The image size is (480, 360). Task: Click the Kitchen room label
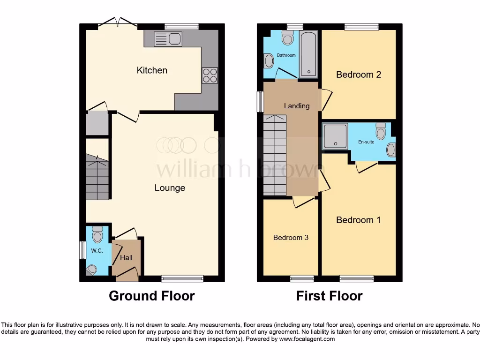pyautogui.click(x=152, y=70)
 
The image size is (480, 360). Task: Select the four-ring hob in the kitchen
pyautogui.click(x=210, y=75)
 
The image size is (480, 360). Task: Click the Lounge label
pyautogui.click(x=170, y=188)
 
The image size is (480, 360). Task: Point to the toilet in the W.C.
pyautogui.click(x=97, y=233)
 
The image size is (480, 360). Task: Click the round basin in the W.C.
pyautogui.click(x=91, y=269)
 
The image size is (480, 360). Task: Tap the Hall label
pyautogui.click(x=126, y=257)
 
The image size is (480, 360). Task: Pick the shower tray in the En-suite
pyautogui.click(x=335, y=136)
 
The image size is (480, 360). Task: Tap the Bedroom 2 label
pyautogui.click(x=359, y=75)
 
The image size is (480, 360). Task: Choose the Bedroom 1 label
pyautogui.click(x=359, y=220)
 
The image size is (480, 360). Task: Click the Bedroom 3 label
pyautogui.click(x=291, y=238)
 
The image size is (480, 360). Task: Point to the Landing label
pyautogui.click(x=297, y=106)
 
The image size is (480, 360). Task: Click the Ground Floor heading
pyautogui.click(x=151, y=296)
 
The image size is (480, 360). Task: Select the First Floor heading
pyautogui.click(x=329, y=296)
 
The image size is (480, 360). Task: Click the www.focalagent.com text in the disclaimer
pyautogui.click(x=307, y=339)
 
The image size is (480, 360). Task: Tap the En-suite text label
pyautogui.click(x=366, y=142)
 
